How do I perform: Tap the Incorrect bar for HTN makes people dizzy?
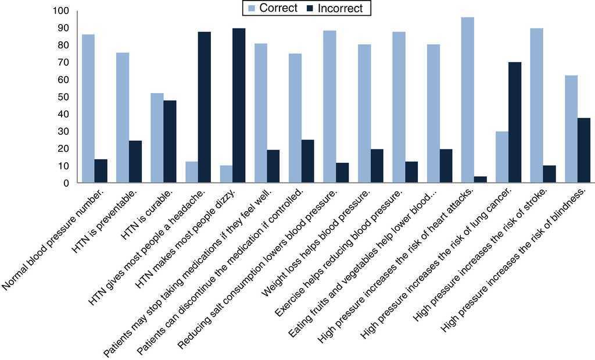(x=239, y=105)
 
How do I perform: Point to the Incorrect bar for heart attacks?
(x=481, y=179)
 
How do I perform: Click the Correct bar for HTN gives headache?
(x=191, y=172)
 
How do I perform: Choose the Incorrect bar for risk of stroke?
(x=550, y=174)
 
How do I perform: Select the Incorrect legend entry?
(x=337, y=8)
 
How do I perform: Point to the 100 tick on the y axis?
(x=60, y=11)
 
